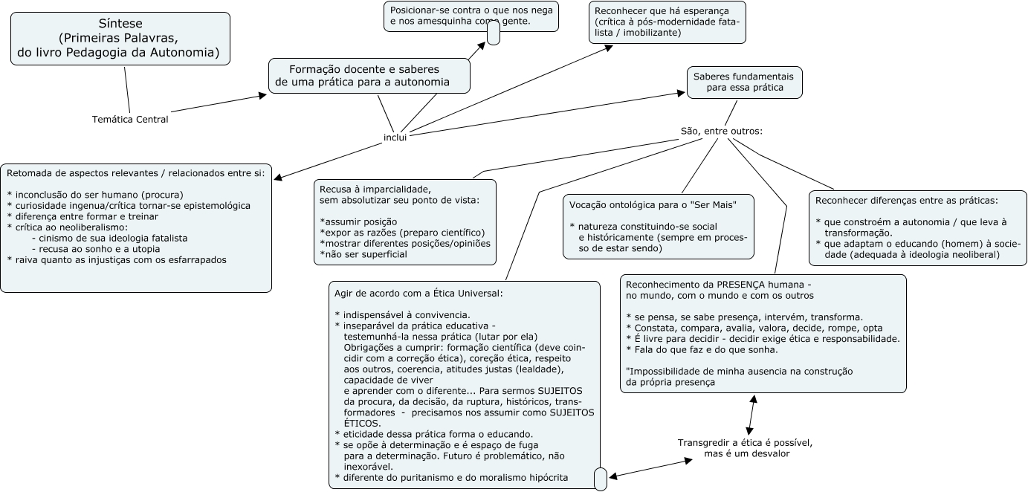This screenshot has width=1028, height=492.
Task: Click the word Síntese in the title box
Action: tap(120, 23)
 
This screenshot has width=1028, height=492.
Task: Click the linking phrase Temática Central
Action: tap(130, 119)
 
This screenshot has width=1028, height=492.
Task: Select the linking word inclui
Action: tap(395, 137)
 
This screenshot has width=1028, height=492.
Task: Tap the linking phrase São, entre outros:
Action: tap(722, 131)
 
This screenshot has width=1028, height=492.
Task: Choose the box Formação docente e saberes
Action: tap(369, 75)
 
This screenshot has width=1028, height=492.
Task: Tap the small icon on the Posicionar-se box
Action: tap(493, 34)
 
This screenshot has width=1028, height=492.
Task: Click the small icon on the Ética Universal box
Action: tap(601, 479)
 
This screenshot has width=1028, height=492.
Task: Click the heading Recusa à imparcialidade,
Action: tap(375, 189)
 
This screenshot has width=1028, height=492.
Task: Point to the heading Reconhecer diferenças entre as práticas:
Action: tap(907, 200)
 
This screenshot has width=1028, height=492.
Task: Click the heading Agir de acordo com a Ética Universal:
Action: tap(419, 293)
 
